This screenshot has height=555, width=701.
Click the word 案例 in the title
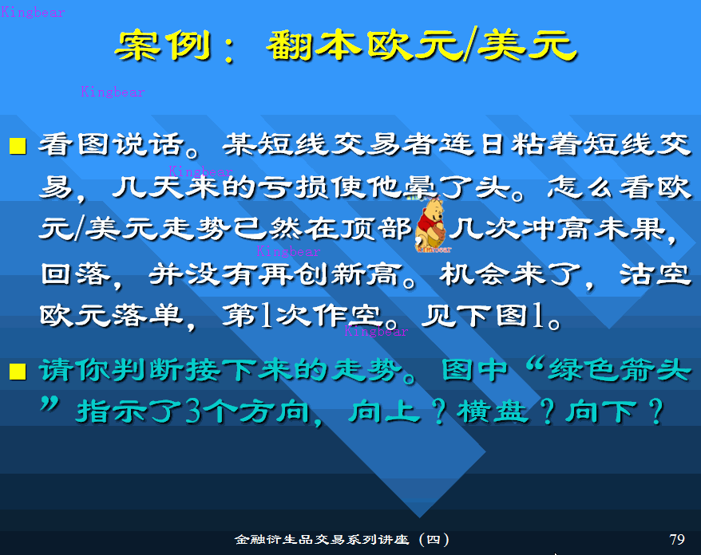coord(163,46)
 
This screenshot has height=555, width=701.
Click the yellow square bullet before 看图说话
coord(18,146)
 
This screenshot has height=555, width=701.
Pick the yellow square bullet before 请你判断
coord(18,371)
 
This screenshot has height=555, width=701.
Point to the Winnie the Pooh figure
coord(431,226)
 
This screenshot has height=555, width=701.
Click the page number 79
coord(677,539)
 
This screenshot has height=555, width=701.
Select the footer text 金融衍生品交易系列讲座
coord(322,539)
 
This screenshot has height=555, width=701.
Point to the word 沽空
coord(655,274)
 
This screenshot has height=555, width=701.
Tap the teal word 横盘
coord(493,411)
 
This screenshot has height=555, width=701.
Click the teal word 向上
coord(385,411)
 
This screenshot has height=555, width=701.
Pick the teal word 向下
coord(601,411)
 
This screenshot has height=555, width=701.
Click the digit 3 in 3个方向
coord(193,411)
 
